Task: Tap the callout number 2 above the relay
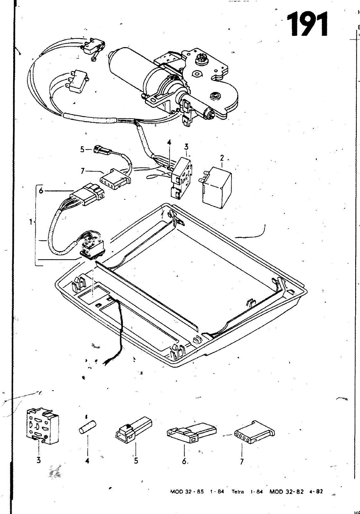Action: click(222, 158)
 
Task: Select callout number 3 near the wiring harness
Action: click(186, 147)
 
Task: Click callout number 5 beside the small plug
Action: click(82, 149)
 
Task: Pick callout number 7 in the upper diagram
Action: click(83, 171)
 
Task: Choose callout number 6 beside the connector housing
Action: click(40, 191)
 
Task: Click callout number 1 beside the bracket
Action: click(31, 222)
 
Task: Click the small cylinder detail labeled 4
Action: click(87, 429)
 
